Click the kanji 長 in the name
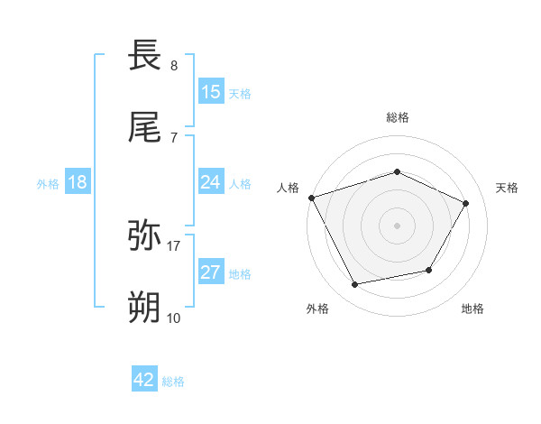(147, 55)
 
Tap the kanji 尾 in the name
(147, 127)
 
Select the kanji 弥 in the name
(147, 235)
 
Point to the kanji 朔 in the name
(147, 308)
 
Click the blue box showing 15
(211, 92)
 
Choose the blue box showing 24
(211, 182)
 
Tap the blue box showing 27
(211, 272)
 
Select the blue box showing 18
(78, 182)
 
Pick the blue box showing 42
(144, 380)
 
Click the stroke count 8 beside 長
(174, 66)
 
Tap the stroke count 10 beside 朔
(174, 318)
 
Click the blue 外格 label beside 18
(48, 183)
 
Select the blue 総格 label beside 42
(173, 381)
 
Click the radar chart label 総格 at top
(398, 117)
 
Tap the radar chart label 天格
(507, 188)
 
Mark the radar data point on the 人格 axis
(311, 198)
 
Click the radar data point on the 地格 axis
(429, 270)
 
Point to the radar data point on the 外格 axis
(354, 285)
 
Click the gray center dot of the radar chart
(398, 226)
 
